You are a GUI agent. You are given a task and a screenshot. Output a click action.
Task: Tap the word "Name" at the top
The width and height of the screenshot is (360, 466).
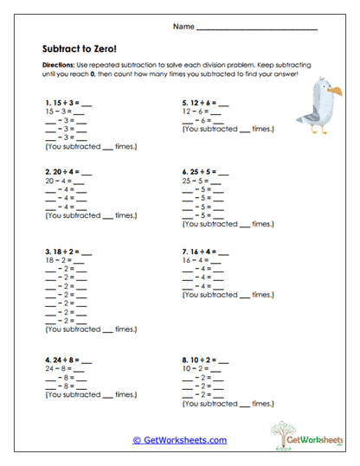[x=183, y=27]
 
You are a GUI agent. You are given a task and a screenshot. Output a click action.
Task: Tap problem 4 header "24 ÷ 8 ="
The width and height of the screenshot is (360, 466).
[x=67, y=358]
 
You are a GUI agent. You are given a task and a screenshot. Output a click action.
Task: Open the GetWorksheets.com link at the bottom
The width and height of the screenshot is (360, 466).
[x=180, y=439]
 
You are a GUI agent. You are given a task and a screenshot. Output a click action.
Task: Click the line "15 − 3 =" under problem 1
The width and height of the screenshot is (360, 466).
[x=63, y=112]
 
